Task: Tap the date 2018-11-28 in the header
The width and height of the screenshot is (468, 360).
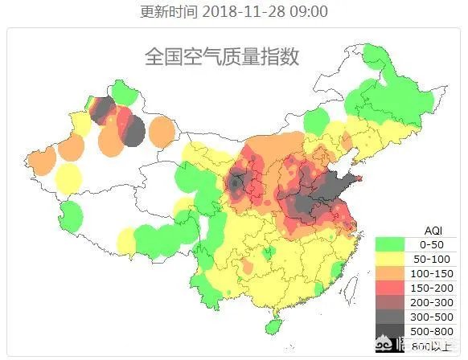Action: coord(245,11)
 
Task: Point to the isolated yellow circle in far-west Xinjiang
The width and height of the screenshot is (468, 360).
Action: coord(68,178)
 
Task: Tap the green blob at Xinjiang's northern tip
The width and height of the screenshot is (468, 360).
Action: coord(122,91)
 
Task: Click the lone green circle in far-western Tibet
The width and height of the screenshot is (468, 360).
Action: coord(72,215)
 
